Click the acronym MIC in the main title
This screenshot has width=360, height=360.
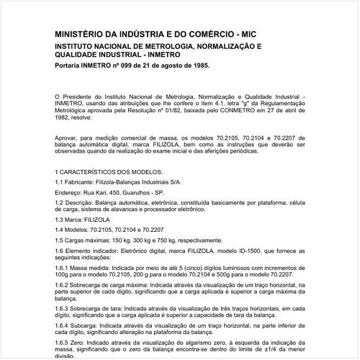pos(261,33)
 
